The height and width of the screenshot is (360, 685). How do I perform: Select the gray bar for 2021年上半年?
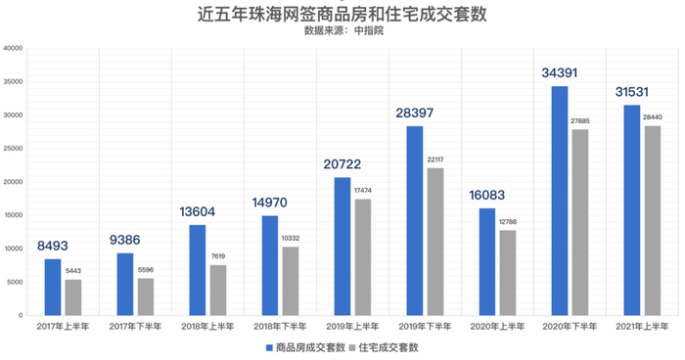pyautogui.click(x=653, y=220)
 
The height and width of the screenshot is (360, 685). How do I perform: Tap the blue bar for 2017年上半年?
pyautogui.click(x=53, y=287)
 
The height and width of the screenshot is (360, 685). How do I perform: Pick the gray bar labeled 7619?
pyautogui.click(x=218, y=290)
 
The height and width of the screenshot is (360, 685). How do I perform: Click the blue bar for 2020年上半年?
pyautogui.click(x=487, y=261)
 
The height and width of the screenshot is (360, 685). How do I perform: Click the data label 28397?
pyautogui.click(x=415, y=113)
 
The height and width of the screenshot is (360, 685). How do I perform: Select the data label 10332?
pyautogui.click(x=291, y=238)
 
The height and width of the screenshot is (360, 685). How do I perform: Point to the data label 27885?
pyautogui.click(x=580, y=120)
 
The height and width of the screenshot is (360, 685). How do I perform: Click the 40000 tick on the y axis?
pyautogui.click(x=15, y=49)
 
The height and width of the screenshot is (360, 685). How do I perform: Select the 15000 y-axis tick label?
pyautogui.click(x=15, y=215)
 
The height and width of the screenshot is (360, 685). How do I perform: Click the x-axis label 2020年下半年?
pyautogui.click(x=570, y=326)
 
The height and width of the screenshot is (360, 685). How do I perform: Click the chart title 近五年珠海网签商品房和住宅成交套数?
pyautogui.click(x=342, y=14)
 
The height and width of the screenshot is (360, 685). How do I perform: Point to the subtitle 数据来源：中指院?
pyautogui.click(x=342, y=31)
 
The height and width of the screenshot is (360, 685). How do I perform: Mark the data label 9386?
pyautogui.click(x=125, y=240)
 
